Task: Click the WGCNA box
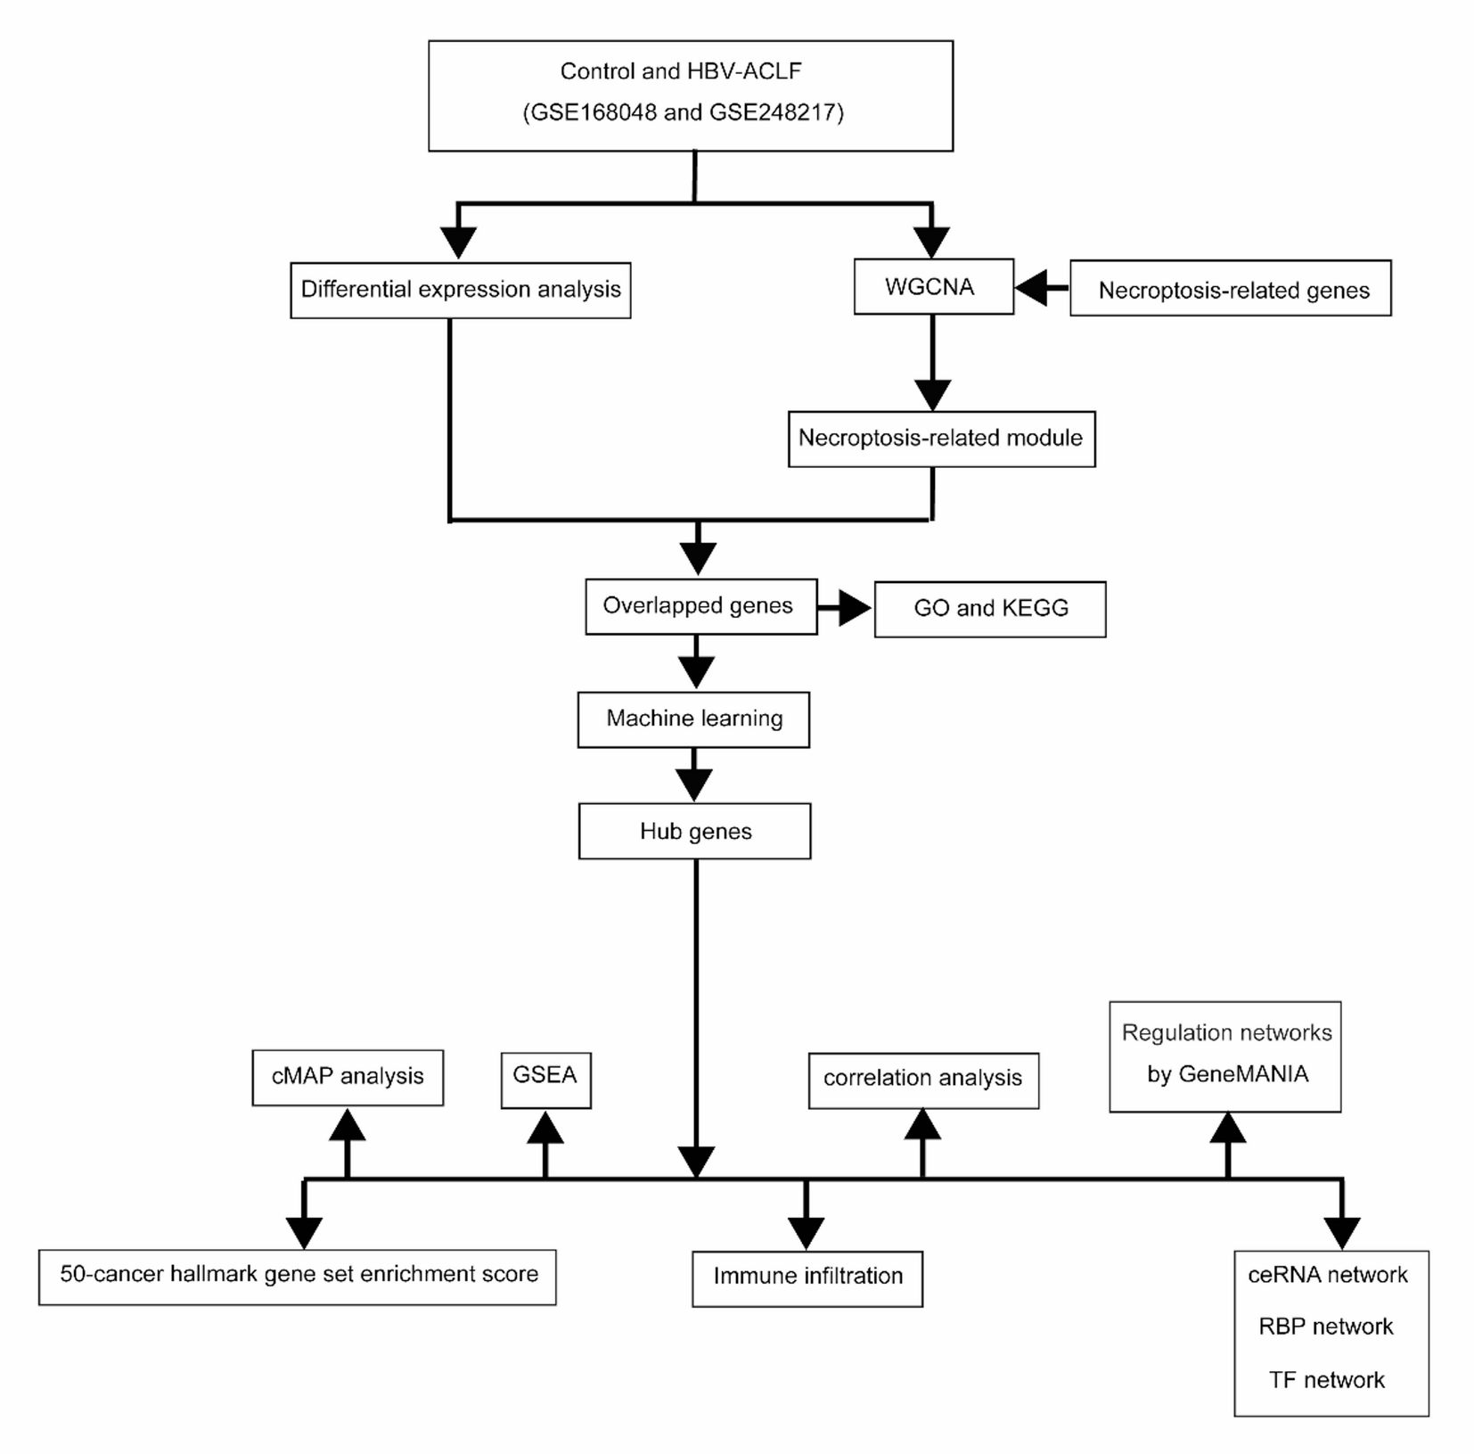click(932, 287)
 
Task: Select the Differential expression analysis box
click(460, 290)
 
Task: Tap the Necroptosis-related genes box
click(1230, 289)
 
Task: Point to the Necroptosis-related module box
click(941, 439)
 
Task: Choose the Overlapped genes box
click(700, 606)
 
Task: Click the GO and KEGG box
click(989, 609)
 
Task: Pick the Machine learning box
click(693, 719)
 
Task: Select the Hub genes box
click(694, 831)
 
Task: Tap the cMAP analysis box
click(348, 1077)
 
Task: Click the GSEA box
click(545, 1080)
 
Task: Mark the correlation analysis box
click(923, 1080)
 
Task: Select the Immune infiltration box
click(807, 1277)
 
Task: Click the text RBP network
click(1325, 1327)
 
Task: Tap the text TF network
click(1326, 1380)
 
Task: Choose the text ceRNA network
click(1327, 1275)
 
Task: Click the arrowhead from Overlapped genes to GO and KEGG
click(854, 608)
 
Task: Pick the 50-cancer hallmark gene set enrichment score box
click(298, 1276)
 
